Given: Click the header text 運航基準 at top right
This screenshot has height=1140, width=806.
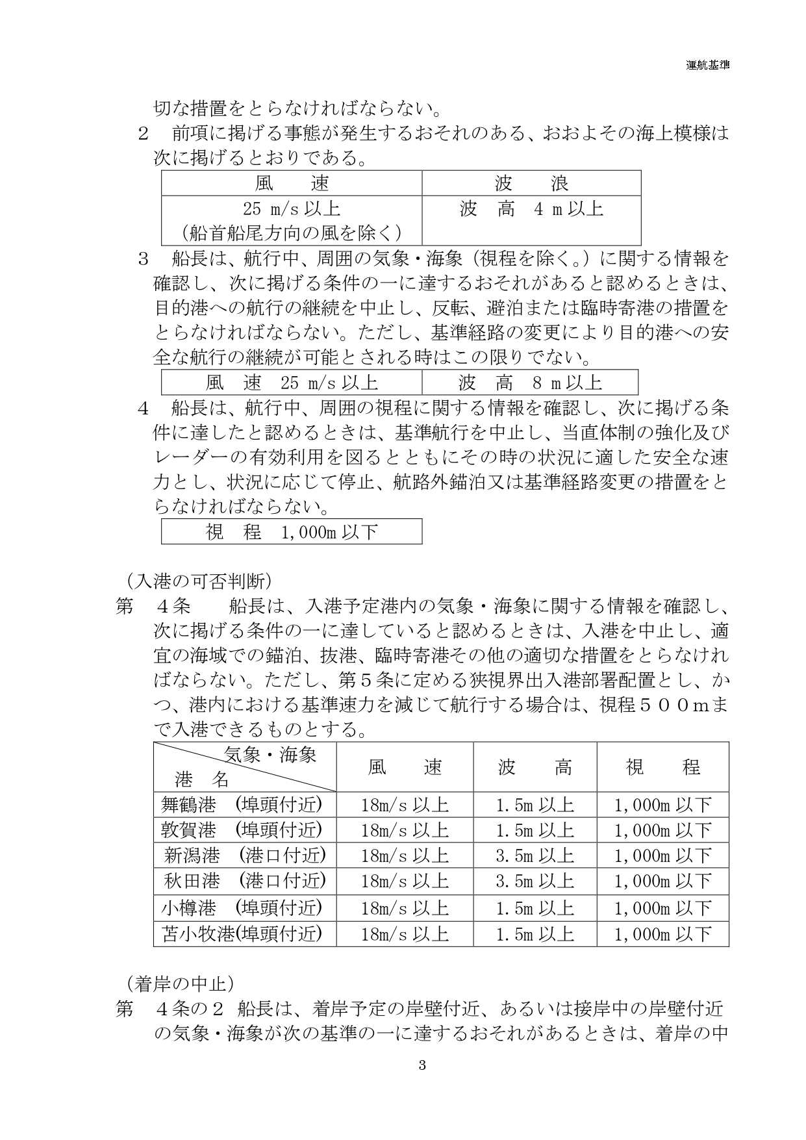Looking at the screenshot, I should pyautogui.click(x=707, y=65).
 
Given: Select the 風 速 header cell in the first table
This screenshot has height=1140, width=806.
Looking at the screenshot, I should pyautogui.click(x=292, y=183).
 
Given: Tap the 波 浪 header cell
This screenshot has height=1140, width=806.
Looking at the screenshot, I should pyautogui.click(x=531, y=183).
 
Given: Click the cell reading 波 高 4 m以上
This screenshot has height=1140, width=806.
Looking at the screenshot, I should pyautogui.click(x=531, y=209).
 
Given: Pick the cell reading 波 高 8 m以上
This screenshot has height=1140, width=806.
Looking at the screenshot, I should pyautogui.click(x=530, y=383).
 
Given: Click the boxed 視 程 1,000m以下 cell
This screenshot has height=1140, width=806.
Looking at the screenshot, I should pyautogui.click(x=292, y=532).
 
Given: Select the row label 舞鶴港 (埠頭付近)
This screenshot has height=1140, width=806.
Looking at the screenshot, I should pyautogui.click(x=242, y=805).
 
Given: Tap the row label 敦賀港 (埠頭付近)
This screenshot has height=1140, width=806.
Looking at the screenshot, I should pyautogui.click(x=242, y=830).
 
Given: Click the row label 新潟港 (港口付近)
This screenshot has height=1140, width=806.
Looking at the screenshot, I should pyautogui.click(x=244, y=855).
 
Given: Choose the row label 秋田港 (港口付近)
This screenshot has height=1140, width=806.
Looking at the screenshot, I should pyautogui.click(x=244, y=881).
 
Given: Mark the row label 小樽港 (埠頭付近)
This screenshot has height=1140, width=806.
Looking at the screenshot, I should pyautogui.click(x=242, y=907).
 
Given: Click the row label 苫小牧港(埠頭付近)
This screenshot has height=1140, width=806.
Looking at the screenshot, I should pyautogui.click(x=242, y=933).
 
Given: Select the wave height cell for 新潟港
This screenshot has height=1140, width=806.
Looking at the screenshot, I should pyautogui.click(x=535, y=855).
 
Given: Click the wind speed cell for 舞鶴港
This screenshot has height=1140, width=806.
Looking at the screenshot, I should pyautogui.click(x=405, y=805).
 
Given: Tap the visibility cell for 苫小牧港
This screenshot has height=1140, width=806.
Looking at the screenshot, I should pyautogui.click(x=663, y=933).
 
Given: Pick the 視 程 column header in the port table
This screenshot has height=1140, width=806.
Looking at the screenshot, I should pyautogui.click(x=663, y=767).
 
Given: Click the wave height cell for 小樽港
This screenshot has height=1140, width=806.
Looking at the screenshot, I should pyautogui.click(x=535, y=907).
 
